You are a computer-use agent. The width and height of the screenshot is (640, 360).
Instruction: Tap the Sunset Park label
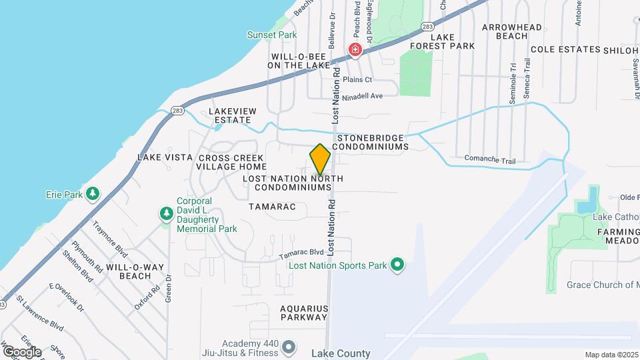[271, 35]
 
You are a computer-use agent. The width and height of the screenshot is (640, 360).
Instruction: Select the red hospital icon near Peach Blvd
[356, 49]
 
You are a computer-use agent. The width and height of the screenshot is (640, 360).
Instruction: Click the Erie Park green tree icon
[93, 194]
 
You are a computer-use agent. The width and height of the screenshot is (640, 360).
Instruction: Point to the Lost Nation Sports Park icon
[397, 265]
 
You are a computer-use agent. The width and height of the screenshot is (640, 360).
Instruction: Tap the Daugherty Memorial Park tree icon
[165, 213]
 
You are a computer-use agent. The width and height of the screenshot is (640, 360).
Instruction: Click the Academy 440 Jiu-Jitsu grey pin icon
[289, 347]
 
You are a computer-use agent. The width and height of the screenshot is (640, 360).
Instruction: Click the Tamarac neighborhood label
[272, 207]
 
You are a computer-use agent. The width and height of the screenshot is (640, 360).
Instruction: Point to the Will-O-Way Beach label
[134, 271]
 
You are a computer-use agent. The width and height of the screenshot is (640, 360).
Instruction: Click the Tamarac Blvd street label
[301, 253]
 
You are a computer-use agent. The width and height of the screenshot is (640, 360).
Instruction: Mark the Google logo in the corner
[21, 351]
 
